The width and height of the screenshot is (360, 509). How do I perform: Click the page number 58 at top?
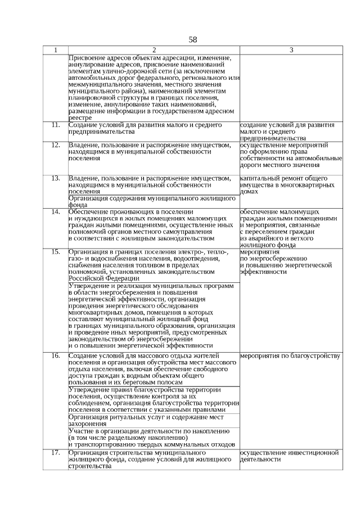point(193,39)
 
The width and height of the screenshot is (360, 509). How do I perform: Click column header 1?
point(55,50)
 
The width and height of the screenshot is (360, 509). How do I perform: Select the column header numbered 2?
point(154,50)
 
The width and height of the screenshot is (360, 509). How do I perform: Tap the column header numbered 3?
point(291,50)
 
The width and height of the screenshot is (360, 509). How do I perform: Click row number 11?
point(55,124)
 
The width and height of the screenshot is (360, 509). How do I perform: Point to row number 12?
point(55,145)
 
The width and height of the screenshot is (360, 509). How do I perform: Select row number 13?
point(55,178)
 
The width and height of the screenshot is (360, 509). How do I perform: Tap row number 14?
point(55,211)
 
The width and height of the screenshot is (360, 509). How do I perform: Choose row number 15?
point(55,252)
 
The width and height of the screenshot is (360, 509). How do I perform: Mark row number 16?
point(55,356)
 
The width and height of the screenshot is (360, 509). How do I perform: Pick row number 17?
point(55,452)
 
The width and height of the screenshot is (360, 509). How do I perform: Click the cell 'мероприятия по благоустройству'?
point(290,356)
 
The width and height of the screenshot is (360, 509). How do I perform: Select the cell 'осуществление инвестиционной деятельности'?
point(290,456)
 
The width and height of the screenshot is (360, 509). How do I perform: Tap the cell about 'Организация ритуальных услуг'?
point(146,421)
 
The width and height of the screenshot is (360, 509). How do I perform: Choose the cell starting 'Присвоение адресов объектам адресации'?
point(154,87)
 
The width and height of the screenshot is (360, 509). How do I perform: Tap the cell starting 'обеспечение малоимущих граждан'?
point(290,228)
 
